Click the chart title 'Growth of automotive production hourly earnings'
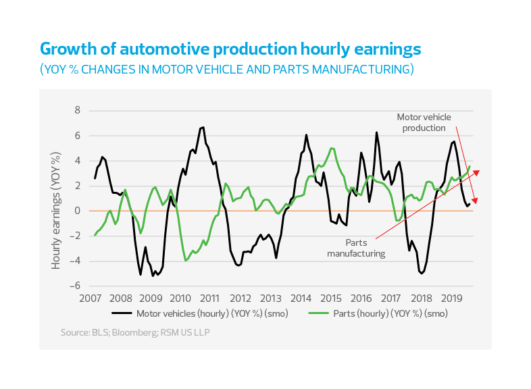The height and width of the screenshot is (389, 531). click(x=230, y=49)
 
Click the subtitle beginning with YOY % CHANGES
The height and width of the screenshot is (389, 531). click(x=226, y=70)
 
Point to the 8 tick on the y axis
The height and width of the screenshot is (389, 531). click(x=77, y=111)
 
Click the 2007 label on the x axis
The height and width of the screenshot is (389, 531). click(x=91, y=299)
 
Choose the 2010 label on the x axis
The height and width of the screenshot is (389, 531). click(x=180, y=299)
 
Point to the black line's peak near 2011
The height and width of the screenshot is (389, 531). click(x=202, y=127)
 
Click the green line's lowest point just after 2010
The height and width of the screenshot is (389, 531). click(x=186, y=259)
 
